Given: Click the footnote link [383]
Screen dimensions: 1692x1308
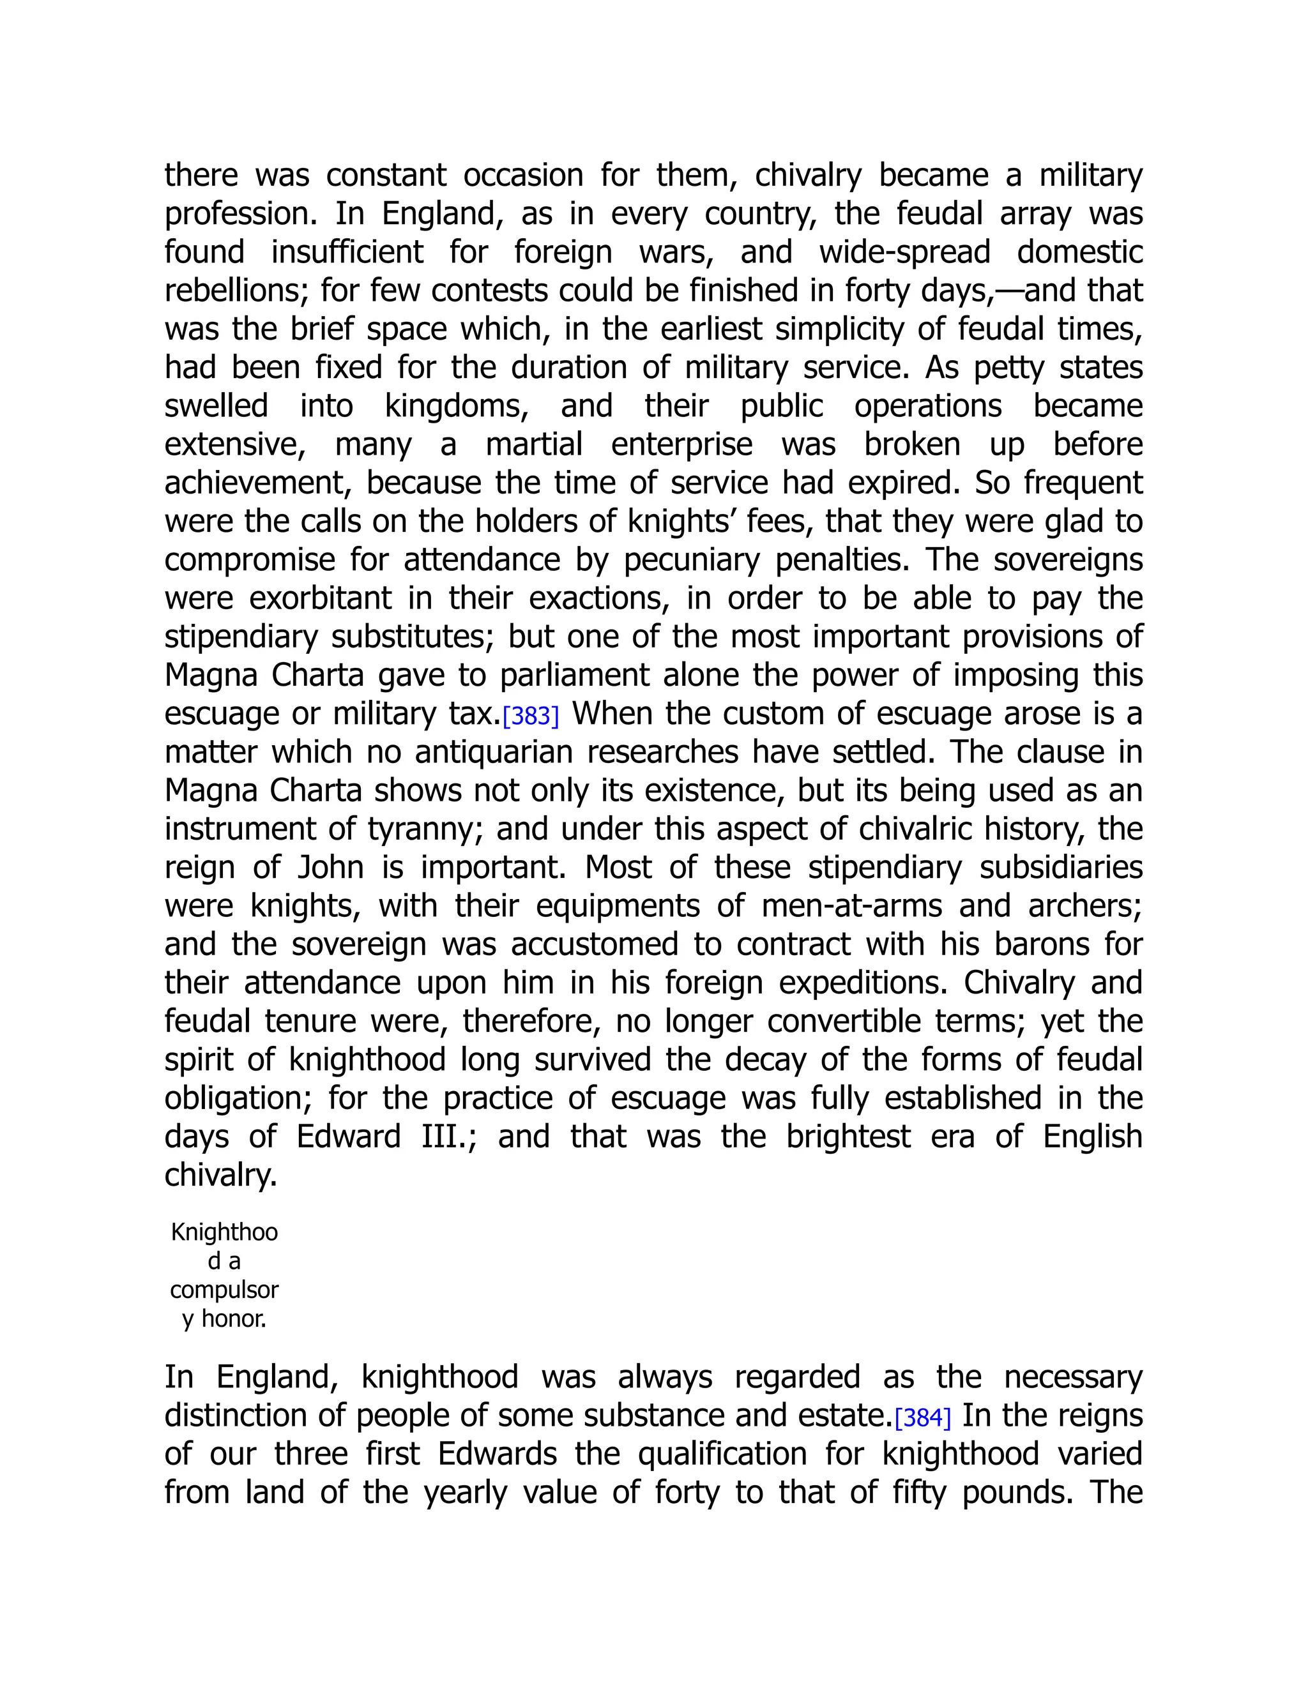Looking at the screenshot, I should tap(531, 716).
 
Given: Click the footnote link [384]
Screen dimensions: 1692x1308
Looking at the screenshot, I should tap(922, 1417).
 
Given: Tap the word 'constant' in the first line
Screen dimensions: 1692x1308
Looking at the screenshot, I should tap(386, 175).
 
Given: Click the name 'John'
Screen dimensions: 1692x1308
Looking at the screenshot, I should tap(331, 868).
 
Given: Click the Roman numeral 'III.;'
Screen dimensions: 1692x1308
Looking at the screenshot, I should tap(450, 1137).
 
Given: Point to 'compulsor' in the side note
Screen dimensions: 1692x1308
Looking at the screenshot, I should tap(224, 1290).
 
